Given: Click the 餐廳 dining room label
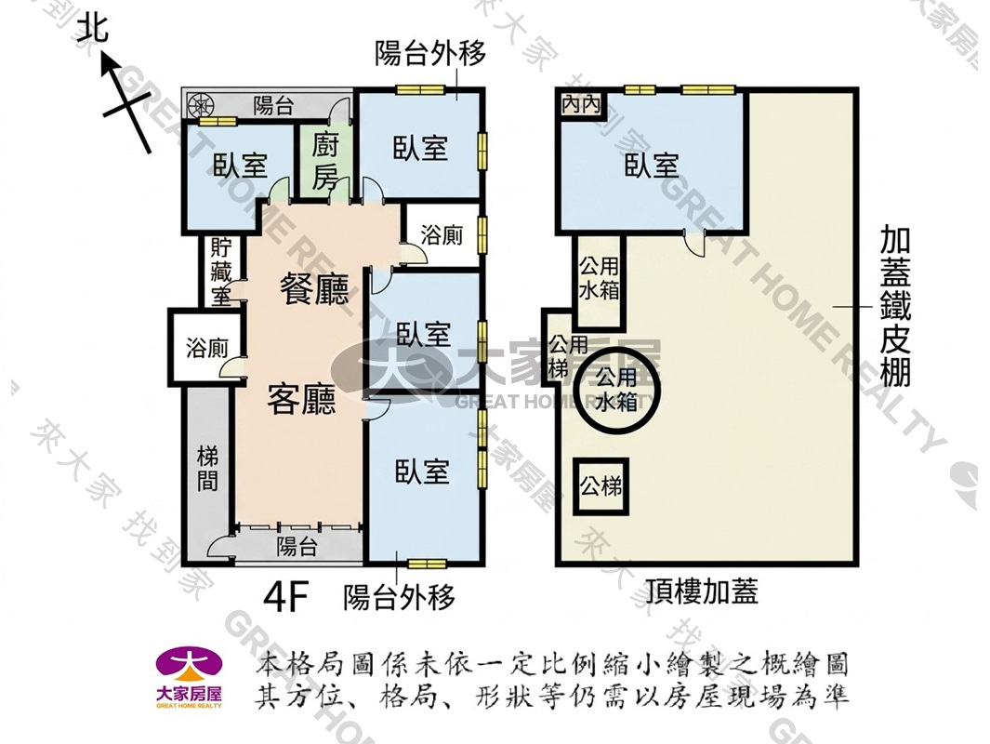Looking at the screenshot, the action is (x=314, y=290).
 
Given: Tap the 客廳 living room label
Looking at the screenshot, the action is (x=301, y=399).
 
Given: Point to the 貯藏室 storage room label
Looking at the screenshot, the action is (x=221, y=272).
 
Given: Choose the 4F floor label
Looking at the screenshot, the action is (x=286, y=597).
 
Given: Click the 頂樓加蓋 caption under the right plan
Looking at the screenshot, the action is (x=702, y=591).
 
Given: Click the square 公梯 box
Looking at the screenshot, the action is (x=601, y=486).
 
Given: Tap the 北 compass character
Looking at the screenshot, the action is (x=93, y=29).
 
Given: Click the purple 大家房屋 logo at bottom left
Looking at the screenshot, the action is (x=190, y=678).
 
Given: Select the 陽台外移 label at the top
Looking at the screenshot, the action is (x=430, y=54).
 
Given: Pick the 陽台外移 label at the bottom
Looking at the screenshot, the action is (x=399, y=597).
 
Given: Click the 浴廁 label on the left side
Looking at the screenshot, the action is (x=207, y=348).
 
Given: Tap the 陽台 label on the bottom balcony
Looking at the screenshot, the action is (x=297, y=546).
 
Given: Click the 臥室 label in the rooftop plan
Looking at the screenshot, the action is (x=652, y=166).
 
